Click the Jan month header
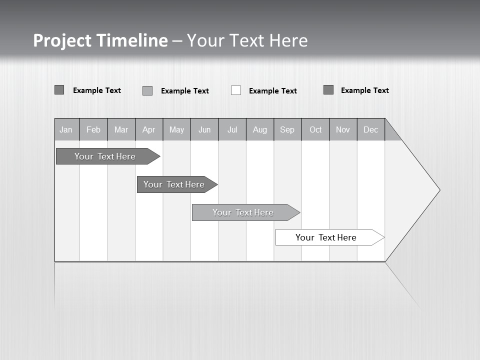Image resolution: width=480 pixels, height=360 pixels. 66,129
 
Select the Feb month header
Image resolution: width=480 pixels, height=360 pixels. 93,129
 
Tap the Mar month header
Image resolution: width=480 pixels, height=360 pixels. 121,129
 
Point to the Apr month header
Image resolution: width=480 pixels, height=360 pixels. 149,129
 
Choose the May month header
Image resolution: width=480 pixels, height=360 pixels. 176,129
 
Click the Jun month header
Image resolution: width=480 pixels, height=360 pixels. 204,129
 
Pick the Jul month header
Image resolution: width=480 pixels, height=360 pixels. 232,129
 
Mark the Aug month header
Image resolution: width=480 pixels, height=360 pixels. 260,129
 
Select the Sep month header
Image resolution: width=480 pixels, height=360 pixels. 287,129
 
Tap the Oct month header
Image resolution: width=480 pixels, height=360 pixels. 315,129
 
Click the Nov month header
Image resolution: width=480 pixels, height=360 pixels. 343,129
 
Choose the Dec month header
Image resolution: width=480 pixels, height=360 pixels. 371,129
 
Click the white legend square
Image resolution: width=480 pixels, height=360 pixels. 236,90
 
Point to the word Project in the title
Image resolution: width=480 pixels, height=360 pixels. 62,40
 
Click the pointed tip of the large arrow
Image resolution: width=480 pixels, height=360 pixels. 438,190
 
